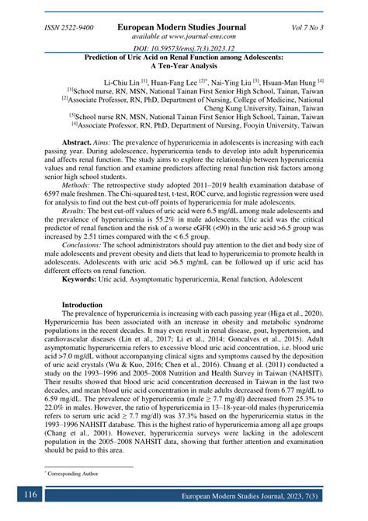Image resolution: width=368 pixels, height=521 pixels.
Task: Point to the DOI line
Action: tap(184, 49)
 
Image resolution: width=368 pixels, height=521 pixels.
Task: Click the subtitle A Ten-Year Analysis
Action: tap(184, 66)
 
